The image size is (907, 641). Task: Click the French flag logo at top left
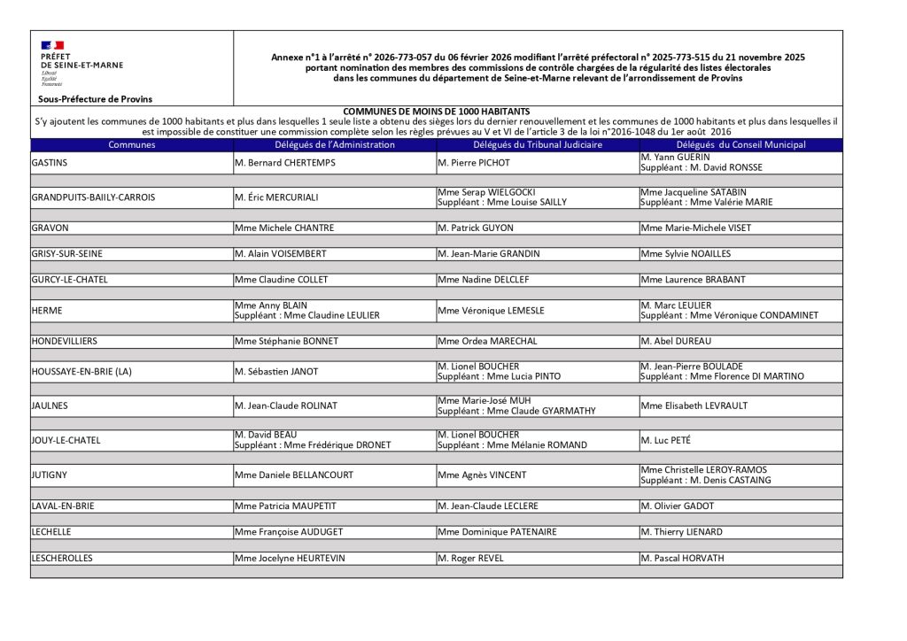[52, 44]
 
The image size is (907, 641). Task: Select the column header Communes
[132, 144]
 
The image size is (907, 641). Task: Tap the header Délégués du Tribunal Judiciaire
[538, 144]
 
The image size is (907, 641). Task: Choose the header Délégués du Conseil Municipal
[740, 144]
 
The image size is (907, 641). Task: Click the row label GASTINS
[50, 163]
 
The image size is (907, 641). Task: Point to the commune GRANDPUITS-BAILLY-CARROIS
[93, 197]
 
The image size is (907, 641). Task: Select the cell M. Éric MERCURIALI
[276, 197]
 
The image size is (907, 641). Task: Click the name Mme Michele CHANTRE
[284, 228]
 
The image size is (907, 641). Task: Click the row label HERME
[45, 310]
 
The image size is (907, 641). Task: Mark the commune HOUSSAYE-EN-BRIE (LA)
[81, 371]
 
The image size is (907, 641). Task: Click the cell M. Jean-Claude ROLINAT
[285, 405]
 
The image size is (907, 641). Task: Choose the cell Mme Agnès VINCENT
[482, 475]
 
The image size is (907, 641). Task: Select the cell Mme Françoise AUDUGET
[288, 532]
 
